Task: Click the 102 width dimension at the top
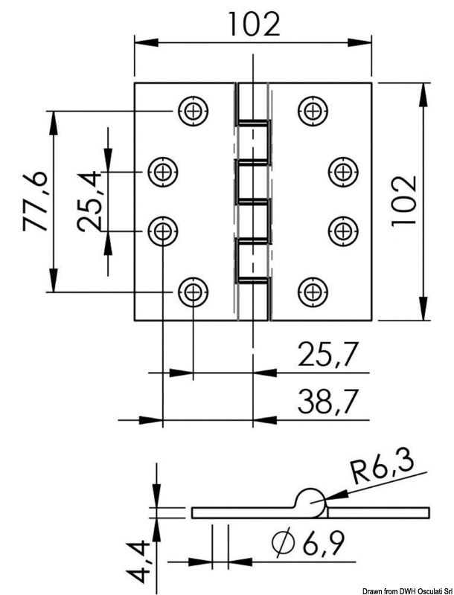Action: [253, 24]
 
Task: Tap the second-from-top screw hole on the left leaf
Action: [162, 172]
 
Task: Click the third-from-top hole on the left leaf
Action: [162, 230]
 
